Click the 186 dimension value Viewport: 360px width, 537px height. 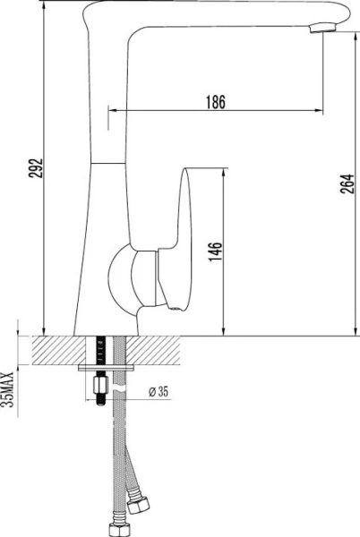tap(215, 102)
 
